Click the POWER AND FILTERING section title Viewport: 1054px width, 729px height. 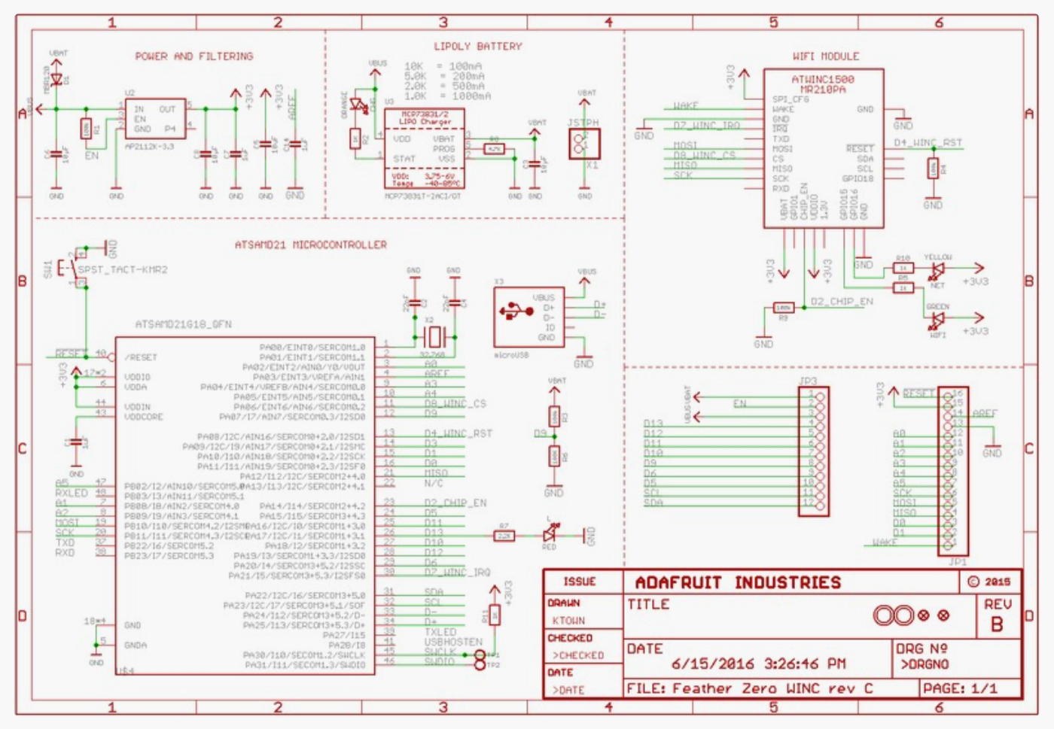tap(194, 56)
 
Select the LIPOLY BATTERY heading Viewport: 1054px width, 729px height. tap(478, 47)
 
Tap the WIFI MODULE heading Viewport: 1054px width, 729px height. tap(826, 56)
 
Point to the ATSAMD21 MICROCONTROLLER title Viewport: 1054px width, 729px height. tap(311, 245)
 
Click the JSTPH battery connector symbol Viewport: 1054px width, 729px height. tap(584, 144)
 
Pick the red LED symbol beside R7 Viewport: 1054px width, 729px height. tap(550, 534)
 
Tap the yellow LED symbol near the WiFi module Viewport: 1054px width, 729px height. tap(937, 269)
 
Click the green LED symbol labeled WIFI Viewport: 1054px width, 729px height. tap(937, 319)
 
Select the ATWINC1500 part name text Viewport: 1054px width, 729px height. tap(823, 79)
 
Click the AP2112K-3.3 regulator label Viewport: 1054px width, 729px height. tap(148, 147)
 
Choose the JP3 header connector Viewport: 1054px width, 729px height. tap(813, 451)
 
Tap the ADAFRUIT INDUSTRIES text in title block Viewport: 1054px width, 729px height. tap(738, 583)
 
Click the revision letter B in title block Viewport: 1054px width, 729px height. tap(997, 624)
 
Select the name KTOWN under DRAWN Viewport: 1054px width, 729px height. tap(568, 621)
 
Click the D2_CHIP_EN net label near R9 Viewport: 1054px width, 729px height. tap(842, 302)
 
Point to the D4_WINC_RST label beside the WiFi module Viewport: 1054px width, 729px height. tap(928, 143)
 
